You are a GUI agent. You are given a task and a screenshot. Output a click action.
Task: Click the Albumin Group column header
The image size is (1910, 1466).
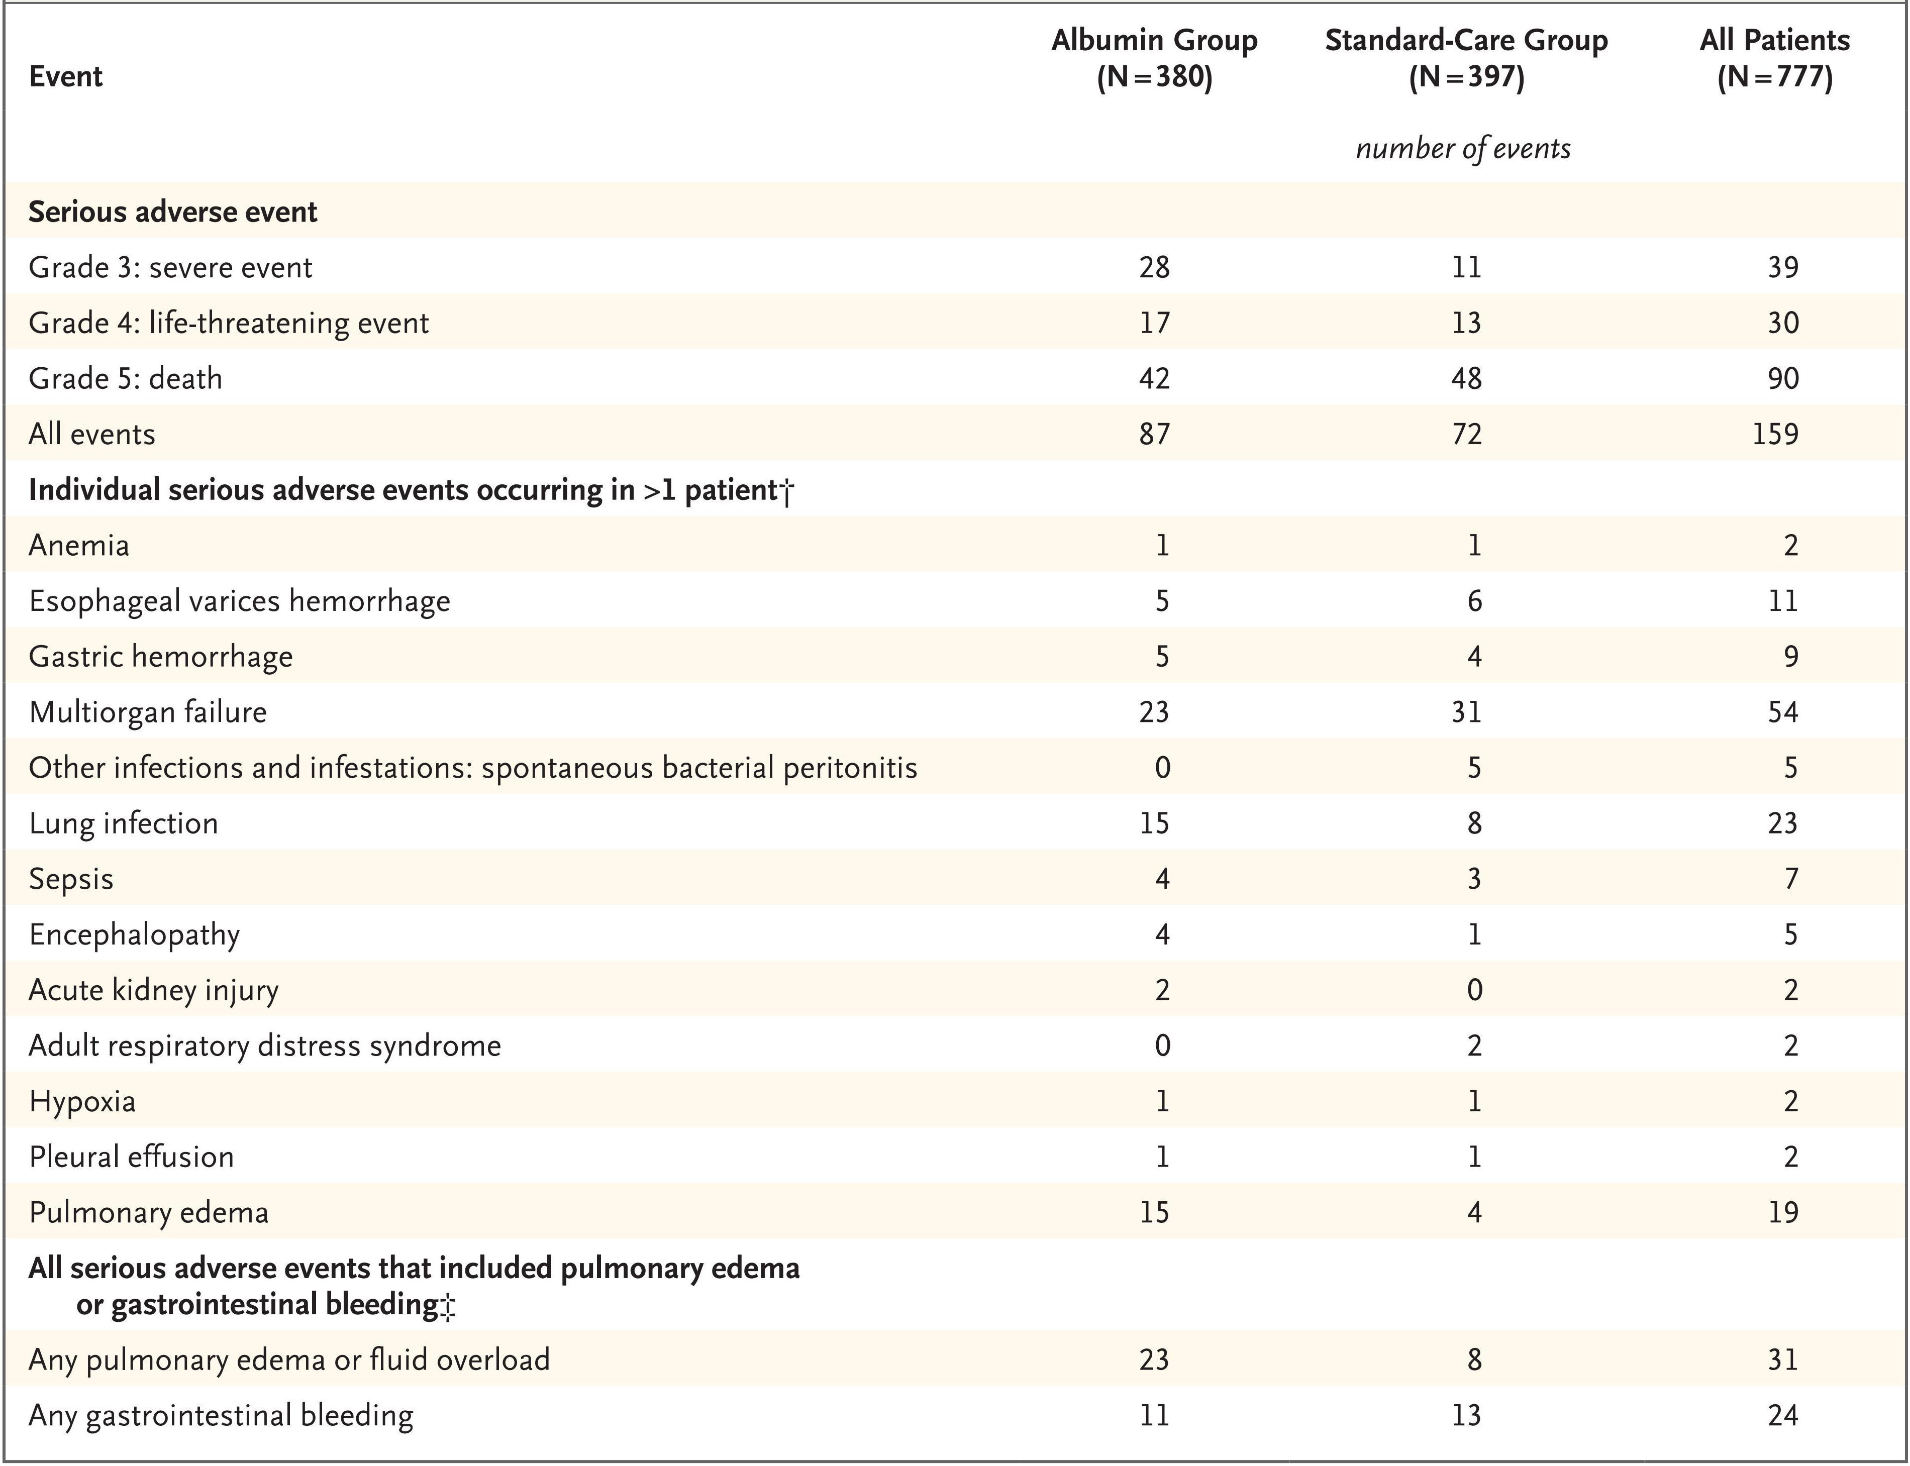1154,58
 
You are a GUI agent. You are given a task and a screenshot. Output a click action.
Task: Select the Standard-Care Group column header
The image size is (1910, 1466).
1466,58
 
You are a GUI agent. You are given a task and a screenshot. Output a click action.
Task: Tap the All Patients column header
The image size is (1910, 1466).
1775,58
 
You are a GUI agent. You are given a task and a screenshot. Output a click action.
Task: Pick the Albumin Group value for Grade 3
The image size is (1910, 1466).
1154,267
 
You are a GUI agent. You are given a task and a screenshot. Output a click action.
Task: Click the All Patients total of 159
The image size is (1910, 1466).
1775,434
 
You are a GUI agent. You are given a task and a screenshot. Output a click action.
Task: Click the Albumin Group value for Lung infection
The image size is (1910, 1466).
1154,823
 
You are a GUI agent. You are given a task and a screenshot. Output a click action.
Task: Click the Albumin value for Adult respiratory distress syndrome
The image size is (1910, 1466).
1162,1045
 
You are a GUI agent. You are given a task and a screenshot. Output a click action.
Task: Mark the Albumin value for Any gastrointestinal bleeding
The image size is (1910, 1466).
1154,1415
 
